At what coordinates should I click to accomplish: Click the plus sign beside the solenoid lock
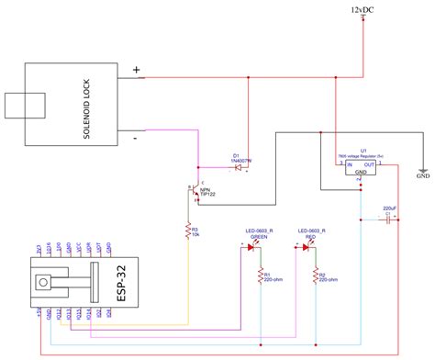(x=137, y=70)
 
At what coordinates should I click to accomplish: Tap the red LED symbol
(x=306, y=247)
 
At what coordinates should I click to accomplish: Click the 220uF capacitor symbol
(x=390, y=220)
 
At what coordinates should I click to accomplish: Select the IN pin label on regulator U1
(x=348, y=164)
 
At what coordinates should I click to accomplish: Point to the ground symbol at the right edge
(x=422, y=170)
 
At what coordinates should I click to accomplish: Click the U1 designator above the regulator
(x=364, y=149)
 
